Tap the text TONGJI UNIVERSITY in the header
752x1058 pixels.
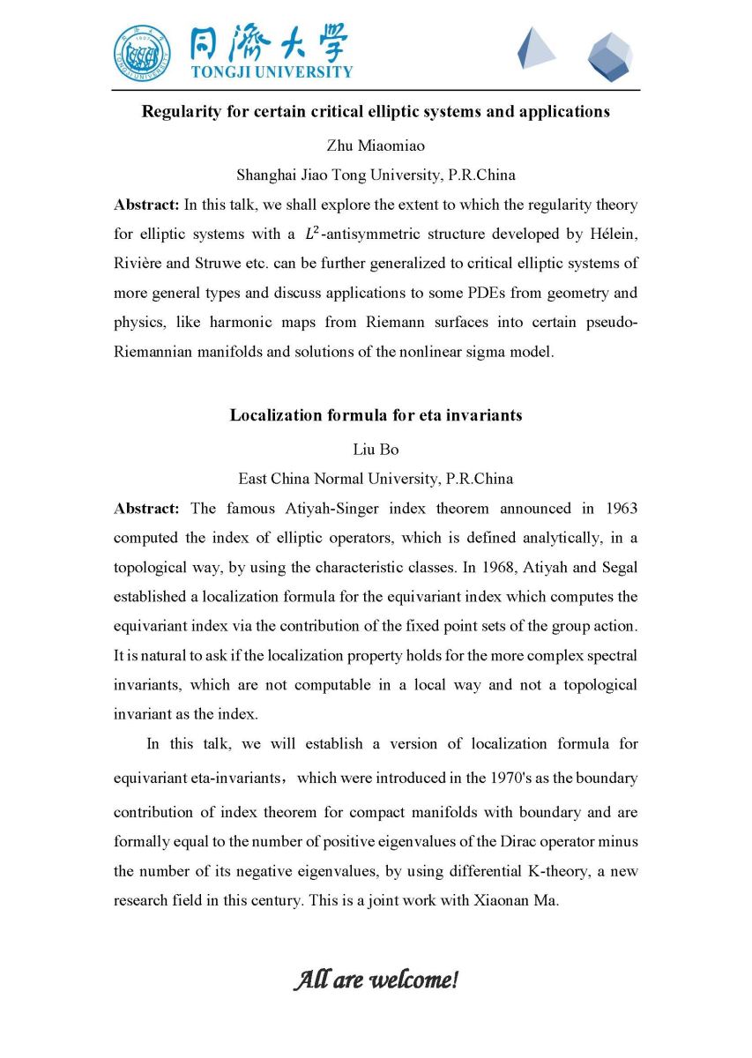click(x=272, y=72)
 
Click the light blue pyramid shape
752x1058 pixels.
click(x=535, y=48)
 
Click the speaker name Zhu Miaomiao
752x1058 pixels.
click(x=376, y=145)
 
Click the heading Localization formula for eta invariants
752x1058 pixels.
click(x=376, y=415)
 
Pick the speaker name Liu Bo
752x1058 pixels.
click(x=376, y=450)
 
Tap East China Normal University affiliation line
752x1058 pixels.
click(x=376, y=479)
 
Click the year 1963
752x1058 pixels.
click(x=620, y=509)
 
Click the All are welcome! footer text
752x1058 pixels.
click(x=376, y=980)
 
